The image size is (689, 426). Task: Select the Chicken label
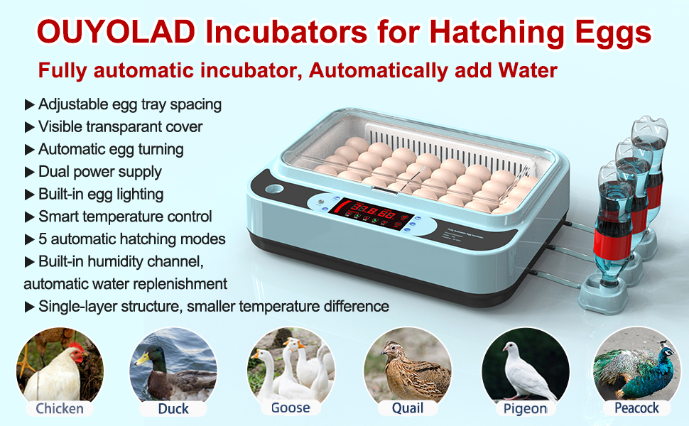[60, 408]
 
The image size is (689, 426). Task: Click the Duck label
[173, 408]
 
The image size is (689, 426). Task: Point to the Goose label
[291, 408]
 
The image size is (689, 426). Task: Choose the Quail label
[407, 408]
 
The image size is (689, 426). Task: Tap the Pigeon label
[525, 408]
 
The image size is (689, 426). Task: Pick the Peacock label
[636, 408]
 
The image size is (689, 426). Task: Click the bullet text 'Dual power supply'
[100, 172]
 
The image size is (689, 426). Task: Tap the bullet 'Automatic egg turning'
[111, 149]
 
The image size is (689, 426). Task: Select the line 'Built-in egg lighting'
[101, 194]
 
